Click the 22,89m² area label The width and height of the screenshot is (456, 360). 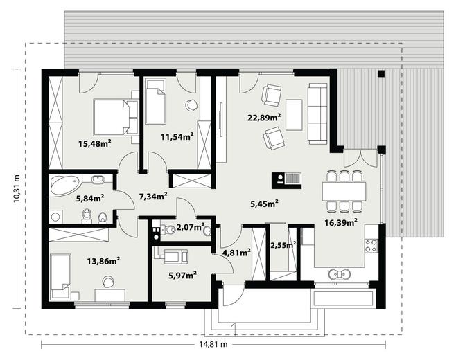pos(264,118)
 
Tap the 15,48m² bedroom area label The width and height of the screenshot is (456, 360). pos(95,143)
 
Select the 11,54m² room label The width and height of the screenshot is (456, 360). pos(177,136)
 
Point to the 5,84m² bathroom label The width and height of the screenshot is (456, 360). pos(90,199)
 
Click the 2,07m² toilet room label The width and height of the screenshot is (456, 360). pos(191,227)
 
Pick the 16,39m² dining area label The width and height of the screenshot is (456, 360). pos(341,223)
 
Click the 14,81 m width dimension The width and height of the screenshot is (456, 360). pos(213,345)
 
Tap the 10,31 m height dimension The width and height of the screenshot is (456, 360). pos(17,188)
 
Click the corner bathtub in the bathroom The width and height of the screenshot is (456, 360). pos(66,185)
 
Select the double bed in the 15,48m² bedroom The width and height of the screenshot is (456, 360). pos(112,117)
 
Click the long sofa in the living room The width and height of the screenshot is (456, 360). pos(317,114)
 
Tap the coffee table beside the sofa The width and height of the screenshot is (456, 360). pos(294,114)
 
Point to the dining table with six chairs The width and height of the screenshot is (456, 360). pos(344,191)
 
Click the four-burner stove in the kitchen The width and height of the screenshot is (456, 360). pos(371,246)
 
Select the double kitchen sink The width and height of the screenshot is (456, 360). pos(339,274)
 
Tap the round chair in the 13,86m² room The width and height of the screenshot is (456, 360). pos(108,281)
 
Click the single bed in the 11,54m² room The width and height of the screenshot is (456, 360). pos(155,102)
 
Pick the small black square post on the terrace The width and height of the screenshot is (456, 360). pos(381,73)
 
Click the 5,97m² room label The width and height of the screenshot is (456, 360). pos(182,275)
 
